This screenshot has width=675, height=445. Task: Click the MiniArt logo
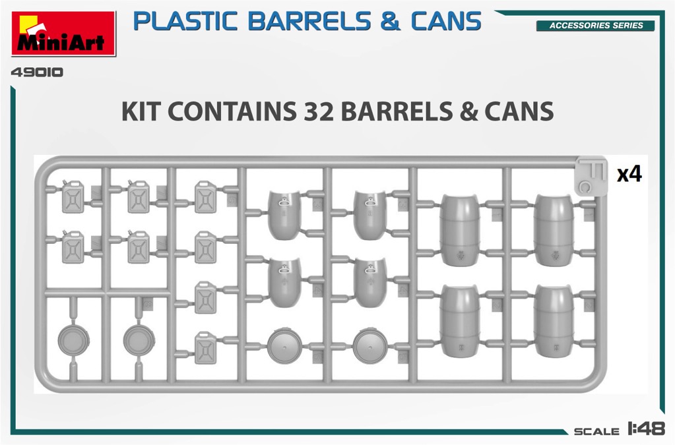point(64,34)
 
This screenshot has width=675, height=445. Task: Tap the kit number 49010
point(37,73)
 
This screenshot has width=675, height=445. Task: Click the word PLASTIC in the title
point(186,21)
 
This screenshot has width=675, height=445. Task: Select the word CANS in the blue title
point(446,21)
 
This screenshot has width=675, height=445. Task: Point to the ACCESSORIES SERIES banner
point(595,26)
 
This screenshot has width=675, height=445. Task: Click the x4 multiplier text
point(629,174)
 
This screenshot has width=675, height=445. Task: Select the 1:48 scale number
point(646,429)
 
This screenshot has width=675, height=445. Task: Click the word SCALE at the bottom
point(597,430)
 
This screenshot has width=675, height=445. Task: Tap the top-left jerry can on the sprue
point(73,196)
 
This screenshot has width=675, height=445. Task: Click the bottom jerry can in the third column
point(206,348)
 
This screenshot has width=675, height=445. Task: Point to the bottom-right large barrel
point(554,321)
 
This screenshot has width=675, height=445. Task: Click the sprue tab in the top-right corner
point(591,176)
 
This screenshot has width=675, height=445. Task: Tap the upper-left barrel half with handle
point(284,216)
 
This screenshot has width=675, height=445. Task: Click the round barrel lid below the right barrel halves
point(370,345)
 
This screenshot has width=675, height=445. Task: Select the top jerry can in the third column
point(206,197)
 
